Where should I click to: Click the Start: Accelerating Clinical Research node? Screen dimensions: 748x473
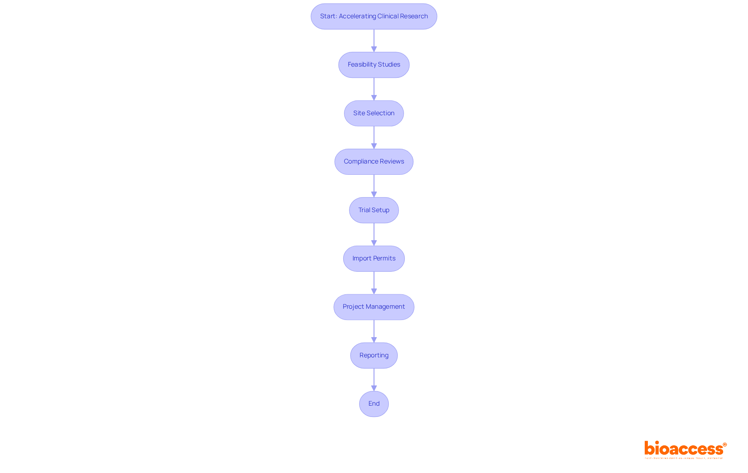click(x=374, y=16)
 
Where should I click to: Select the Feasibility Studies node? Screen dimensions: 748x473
click(x=374, y=65)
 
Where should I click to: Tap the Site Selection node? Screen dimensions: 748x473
click(x=374, y=113)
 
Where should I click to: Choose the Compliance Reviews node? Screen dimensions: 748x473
click(x=374, y=162)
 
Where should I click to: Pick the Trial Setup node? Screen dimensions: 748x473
click(x=374, y=210)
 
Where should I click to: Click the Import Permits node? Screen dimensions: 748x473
click(x=374, y=258)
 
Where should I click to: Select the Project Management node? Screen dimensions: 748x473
click(x=374, y=307)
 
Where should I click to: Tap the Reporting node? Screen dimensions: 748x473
click(x=374, y=355)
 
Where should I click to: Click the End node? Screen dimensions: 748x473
click(x=374, y=404)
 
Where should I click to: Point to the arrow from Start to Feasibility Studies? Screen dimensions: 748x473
click(x=374, y=40)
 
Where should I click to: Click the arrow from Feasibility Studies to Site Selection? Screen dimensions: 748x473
click(x=374, y=89)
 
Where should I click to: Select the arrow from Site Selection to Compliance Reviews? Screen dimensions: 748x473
click(x=374, y=137)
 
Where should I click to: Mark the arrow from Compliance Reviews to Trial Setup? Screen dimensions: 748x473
click(x=374, y=186)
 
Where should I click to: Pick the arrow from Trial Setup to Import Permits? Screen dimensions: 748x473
click(x=374, y=234)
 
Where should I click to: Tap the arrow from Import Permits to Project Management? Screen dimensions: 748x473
click(x=374, y=283)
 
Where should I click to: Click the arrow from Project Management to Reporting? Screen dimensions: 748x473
click(x=374, y=331)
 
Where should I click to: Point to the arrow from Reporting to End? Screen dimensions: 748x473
click(x=374, y=380)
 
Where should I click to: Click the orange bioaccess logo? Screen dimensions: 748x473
click(x=684, y=449)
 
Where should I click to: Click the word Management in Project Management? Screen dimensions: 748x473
click(x=385, y=307)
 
